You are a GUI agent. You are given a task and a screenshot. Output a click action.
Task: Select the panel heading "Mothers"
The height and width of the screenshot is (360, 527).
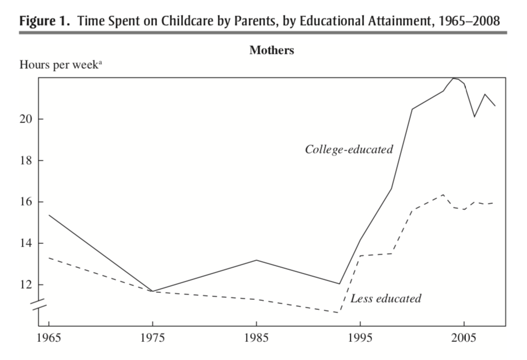271,51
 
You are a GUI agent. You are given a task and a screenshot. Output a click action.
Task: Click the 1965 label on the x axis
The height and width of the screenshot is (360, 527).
48,339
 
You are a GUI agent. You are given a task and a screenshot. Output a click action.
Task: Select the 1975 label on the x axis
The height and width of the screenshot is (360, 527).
152,339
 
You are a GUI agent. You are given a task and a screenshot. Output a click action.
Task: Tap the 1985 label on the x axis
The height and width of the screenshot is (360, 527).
257,339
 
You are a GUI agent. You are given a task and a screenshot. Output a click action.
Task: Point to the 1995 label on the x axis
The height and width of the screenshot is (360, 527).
360,339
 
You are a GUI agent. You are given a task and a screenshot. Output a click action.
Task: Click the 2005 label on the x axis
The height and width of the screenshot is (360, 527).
464,339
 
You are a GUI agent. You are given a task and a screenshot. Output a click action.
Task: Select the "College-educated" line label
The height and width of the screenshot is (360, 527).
349,150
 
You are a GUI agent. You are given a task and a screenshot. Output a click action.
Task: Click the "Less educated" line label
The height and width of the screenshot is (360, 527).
385,299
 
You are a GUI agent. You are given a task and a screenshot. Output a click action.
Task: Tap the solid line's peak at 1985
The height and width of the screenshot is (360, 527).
257,260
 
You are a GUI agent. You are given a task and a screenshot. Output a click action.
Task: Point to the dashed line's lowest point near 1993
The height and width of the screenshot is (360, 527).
339,313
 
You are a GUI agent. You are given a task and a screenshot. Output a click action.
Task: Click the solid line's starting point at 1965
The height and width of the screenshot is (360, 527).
48,215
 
